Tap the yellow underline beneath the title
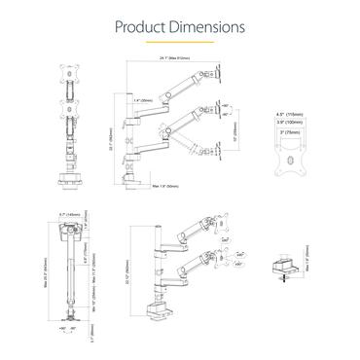click(180, 43)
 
